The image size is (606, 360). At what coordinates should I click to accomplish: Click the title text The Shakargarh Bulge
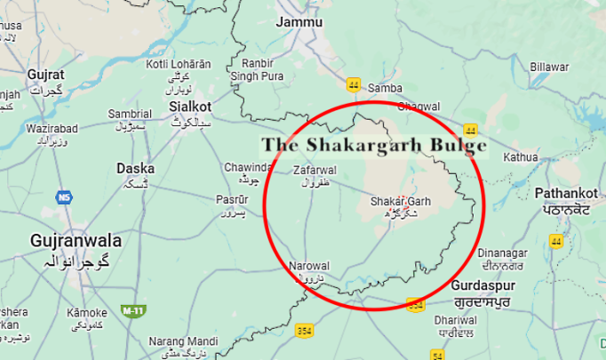point(374,145)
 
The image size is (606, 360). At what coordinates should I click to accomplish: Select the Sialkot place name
point(189,106)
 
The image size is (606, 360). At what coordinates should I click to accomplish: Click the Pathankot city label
point(569,193)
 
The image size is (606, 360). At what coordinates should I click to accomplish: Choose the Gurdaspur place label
point(480,287)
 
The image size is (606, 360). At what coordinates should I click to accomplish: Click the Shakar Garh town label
point(401,202)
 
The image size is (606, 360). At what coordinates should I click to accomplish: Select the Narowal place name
point(309,266)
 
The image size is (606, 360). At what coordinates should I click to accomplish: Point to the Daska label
point(135,168)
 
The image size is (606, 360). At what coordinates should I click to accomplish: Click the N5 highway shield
point(62,196)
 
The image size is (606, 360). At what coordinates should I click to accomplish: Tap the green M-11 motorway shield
point(132,310)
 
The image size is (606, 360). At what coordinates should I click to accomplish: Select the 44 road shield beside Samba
point(354,84)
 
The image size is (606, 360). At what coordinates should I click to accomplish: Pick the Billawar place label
point(549,67)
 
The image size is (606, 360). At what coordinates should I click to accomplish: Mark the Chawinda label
point(248,167)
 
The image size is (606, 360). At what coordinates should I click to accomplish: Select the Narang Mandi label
point(184,341)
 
